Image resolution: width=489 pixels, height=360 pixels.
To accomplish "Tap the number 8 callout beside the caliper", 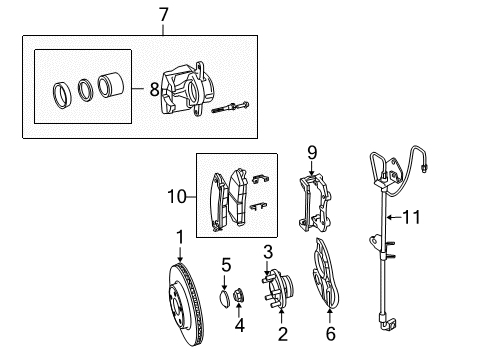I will (153, 90).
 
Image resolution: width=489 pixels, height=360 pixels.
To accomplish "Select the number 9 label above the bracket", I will (311, 153).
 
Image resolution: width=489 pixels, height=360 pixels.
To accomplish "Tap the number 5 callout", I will (226, 265).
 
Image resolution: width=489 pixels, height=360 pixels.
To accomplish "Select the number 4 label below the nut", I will (241, 324).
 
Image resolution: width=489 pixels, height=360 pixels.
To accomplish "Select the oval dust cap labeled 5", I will (228, 298).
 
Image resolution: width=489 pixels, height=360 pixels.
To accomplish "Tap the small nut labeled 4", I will (241, 297).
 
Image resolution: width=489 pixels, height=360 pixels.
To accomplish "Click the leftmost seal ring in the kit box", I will (61, 94).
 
